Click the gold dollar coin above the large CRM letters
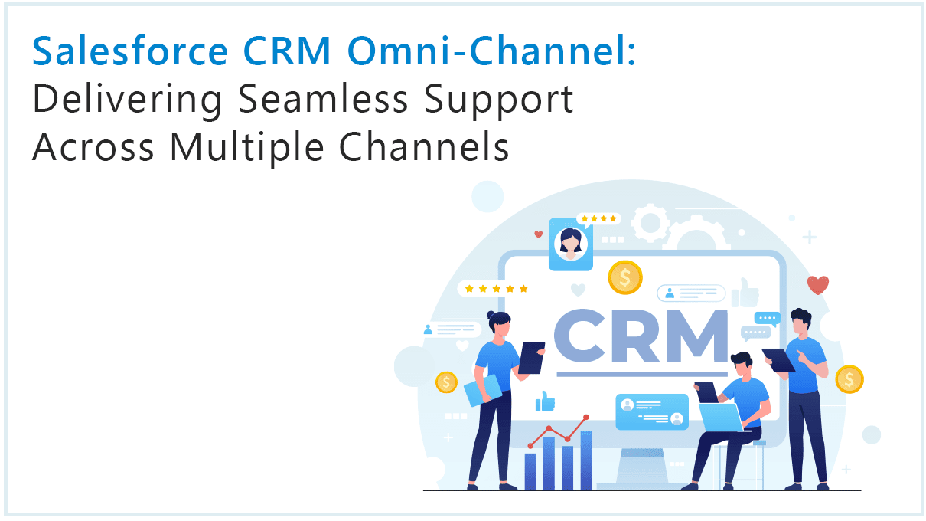(x=625, y=277)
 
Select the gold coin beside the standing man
(x=849, y=378)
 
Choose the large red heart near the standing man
(x=818, y=285)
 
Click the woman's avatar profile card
(x=571, y=243)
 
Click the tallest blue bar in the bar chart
(x=585, y=460)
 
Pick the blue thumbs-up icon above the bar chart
(x=545, y=401)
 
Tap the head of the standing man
(x=800, y=320)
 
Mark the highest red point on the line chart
(x=586, y=417)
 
